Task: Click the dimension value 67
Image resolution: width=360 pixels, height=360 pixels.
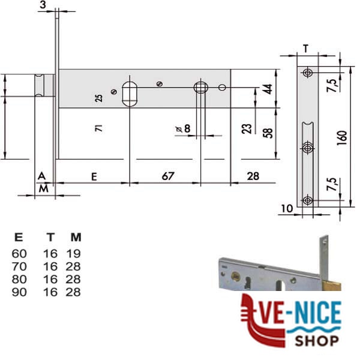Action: (168, 176)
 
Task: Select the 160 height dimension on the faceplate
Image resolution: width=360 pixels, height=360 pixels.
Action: (342, 138)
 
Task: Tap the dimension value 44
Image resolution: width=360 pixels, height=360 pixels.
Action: (268, 89)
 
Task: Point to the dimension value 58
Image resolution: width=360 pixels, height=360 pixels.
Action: (268, 133)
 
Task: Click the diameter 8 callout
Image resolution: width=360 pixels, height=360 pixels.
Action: (183, 128)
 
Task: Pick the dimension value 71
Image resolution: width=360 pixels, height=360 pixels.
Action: (99, 128)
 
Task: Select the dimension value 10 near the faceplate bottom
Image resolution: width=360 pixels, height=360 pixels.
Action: (287, 208)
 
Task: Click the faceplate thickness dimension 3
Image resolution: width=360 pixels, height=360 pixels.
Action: (43, 5)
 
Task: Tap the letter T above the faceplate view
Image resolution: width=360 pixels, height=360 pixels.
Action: (305, 49)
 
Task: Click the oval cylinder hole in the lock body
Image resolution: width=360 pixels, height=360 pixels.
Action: (130, 94)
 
